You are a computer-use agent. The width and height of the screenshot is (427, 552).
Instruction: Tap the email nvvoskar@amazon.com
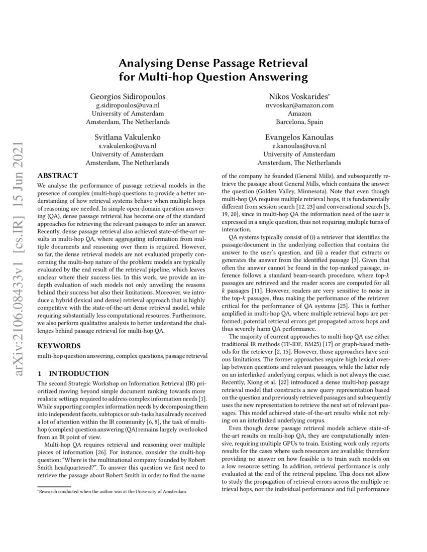[x=299, y=105]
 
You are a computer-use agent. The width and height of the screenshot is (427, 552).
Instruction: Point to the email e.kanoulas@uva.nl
[x=299, y=146]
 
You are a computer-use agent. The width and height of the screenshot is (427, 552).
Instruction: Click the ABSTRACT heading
[x=58, y=176]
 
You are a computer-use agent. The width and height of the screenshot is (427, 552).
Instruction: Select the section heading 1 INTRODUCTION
[x=73, y=373]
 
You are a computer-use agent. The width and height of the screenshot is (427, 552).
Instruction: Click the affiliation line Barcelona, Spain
[x=299, y=122]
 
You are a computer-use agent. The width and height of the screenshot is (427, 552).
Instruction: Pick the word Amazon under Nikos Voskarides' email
[x=299, y=114]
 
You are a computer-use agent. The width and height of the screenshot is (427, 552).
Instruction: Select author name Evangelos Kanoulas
[x=299, y=137]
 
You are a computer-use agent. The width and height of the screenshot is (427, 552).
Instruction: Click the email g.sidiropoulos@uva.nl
[x=128, y=105]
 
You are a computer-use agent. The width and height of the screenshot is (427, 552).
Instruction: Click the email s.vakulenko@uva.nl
[x=128, y=146]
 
